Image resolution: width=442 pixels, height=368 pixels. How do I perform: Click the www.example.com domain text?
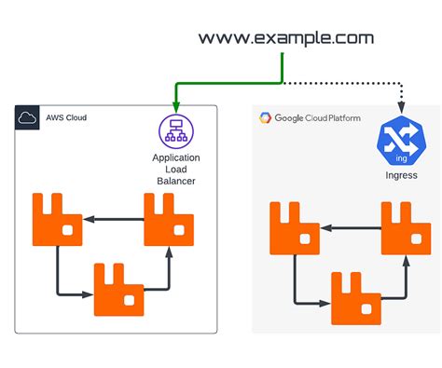coord(285,38)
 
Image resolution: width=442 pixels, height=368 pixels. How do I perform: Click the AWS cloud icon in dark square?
coord(26,117)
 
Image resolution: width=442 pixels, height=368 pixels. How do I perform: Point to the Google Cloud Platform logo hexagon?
coord(265,118)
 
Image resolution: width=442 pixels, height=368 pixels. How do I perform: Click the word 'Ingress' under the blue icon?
coord(400,175)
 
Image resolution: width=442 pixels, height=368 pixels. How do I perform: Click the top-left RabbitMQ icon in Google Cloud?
coord(296,227)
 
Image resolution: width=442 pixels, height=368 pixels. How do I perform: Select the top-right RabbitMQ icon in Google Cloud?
coord(407,227)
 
